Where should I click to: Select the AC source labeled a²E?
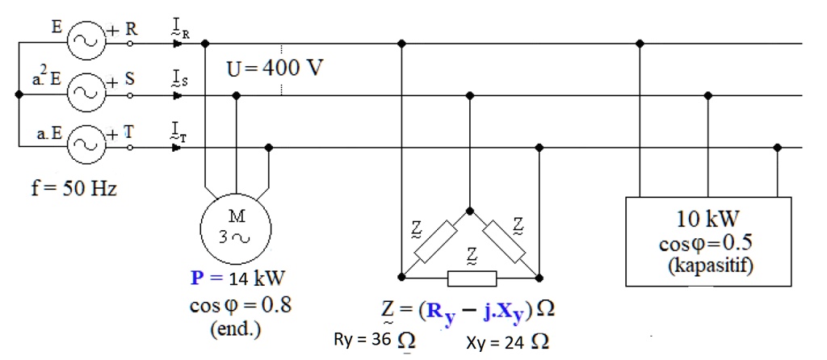tap(83, 94)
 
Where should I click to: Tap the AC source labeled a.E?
tap(83, 146)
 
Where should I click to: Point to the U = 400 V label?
tap(275, 68)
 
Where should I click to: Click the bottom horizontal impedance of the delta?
tap(471, 278)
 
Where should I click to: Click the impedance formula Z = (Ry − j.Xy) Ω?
tap(470, 310)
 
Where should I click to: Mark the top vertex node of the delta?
tap(470, 209)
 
